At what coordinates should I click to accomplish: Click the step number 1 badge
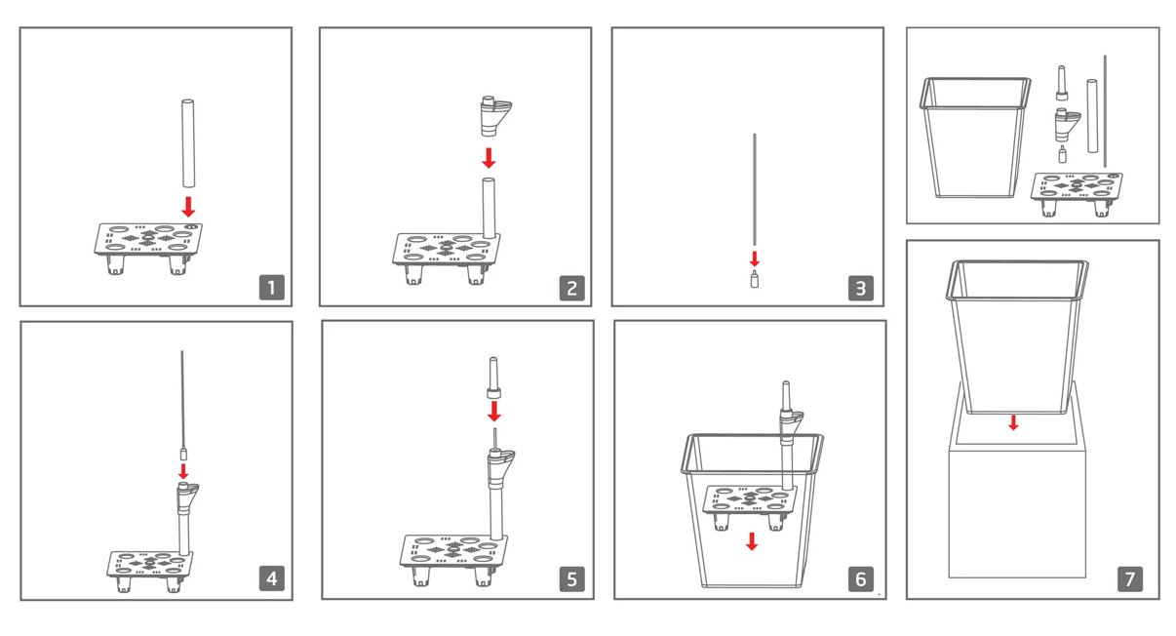(x=271, y=288)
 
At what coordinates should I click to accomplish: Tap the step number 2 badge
(x=571, y=288)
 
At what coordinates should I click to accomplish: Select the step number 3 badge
(x=860, y=288)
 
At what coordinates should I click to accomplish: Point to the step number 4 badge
(x=271, y=578)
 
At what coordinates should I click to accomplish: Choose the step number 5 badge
(x=571, y=578)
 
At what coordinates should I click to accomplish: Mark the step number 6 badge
(x=860, y=578)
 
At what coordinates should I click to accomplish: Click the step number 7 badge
(x=1130, y=578)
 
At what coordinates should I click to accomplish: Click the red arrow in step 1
(x=188, y=207)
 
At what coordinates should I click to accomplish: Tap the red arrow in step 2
(x=489, y=158)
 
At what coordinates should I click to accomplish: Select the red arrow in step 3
(x=755, y=258)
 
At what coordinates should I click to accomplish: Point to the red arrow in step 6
(x=752, y=541)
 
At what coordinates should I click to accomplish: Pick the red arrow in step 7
(x=1014, y=422)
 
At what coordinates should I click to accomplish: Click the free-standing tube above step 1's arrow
(x=188, y=143)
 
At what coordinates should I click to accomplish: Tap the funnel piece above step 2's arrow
(x=494, y=116)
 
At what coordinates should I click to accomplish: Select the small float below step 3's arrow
(x=755, y=279)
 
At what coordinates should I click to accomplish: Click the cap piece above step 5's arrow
(x=493, y=378)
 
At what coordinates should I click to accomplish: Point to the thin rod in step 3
(x=755, y=189)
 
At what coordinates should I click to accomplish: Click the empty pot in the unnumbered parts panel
(x=975, y=138)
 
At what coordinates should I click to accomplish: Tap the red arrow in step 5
(x=494, y=412)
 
